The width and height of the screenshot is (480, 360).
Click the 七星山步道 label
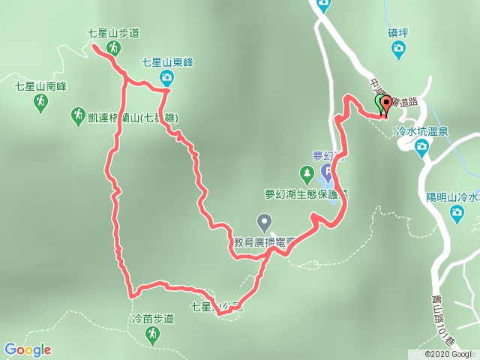point(114,33)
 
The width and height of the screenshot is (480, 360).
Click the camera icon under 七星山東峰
point(166,77)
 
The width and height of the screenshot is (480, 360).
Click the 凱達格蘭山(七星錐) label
point(136,117)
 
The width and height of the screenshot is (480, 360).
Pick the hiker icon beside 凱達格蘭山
point(77,115)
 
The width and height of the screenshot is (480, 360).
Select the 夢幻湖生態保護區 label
point(306,193)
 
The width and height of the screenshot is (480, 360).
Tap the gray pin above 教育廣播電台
point(264,222)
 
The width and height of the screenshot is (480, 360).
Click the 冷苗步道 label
point(151,318)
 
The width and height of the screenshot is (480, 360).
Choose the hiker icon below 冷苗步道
point(152,334)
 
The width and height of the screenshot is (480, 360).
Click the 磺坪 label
point(398,34)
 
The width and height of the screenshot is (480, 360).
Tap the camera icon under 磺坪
point(399,50)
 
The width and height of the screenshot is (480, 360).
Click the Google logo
point(28,349)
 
